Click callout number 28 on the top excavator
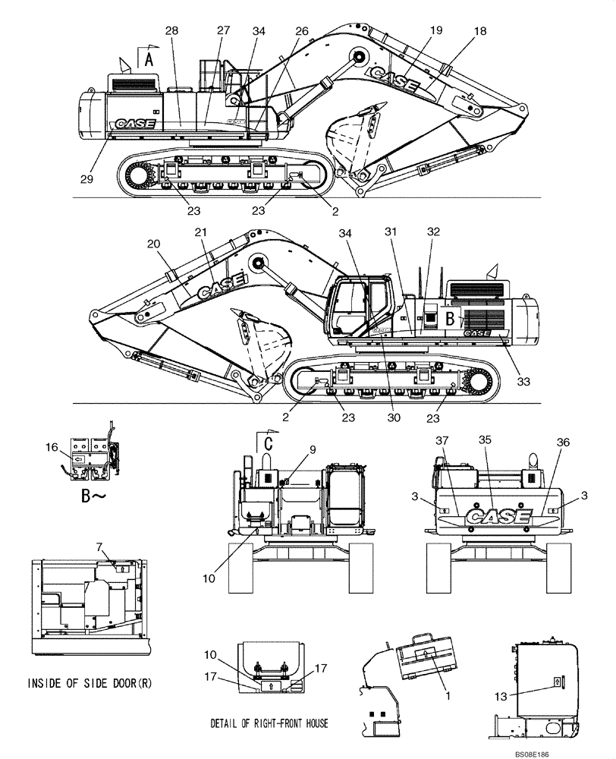point(171,30)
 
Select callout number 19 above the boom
point(435,30)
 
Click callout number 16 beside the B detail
point(52,449)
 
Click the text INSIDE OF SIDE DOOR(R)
point(90,683)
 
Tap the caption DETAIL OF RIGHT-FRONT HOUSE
point(269,723)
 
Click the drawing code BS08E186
point(575,751)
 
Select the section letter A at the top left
point(149,59)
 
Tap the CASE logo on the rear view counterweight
point(498,516)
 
